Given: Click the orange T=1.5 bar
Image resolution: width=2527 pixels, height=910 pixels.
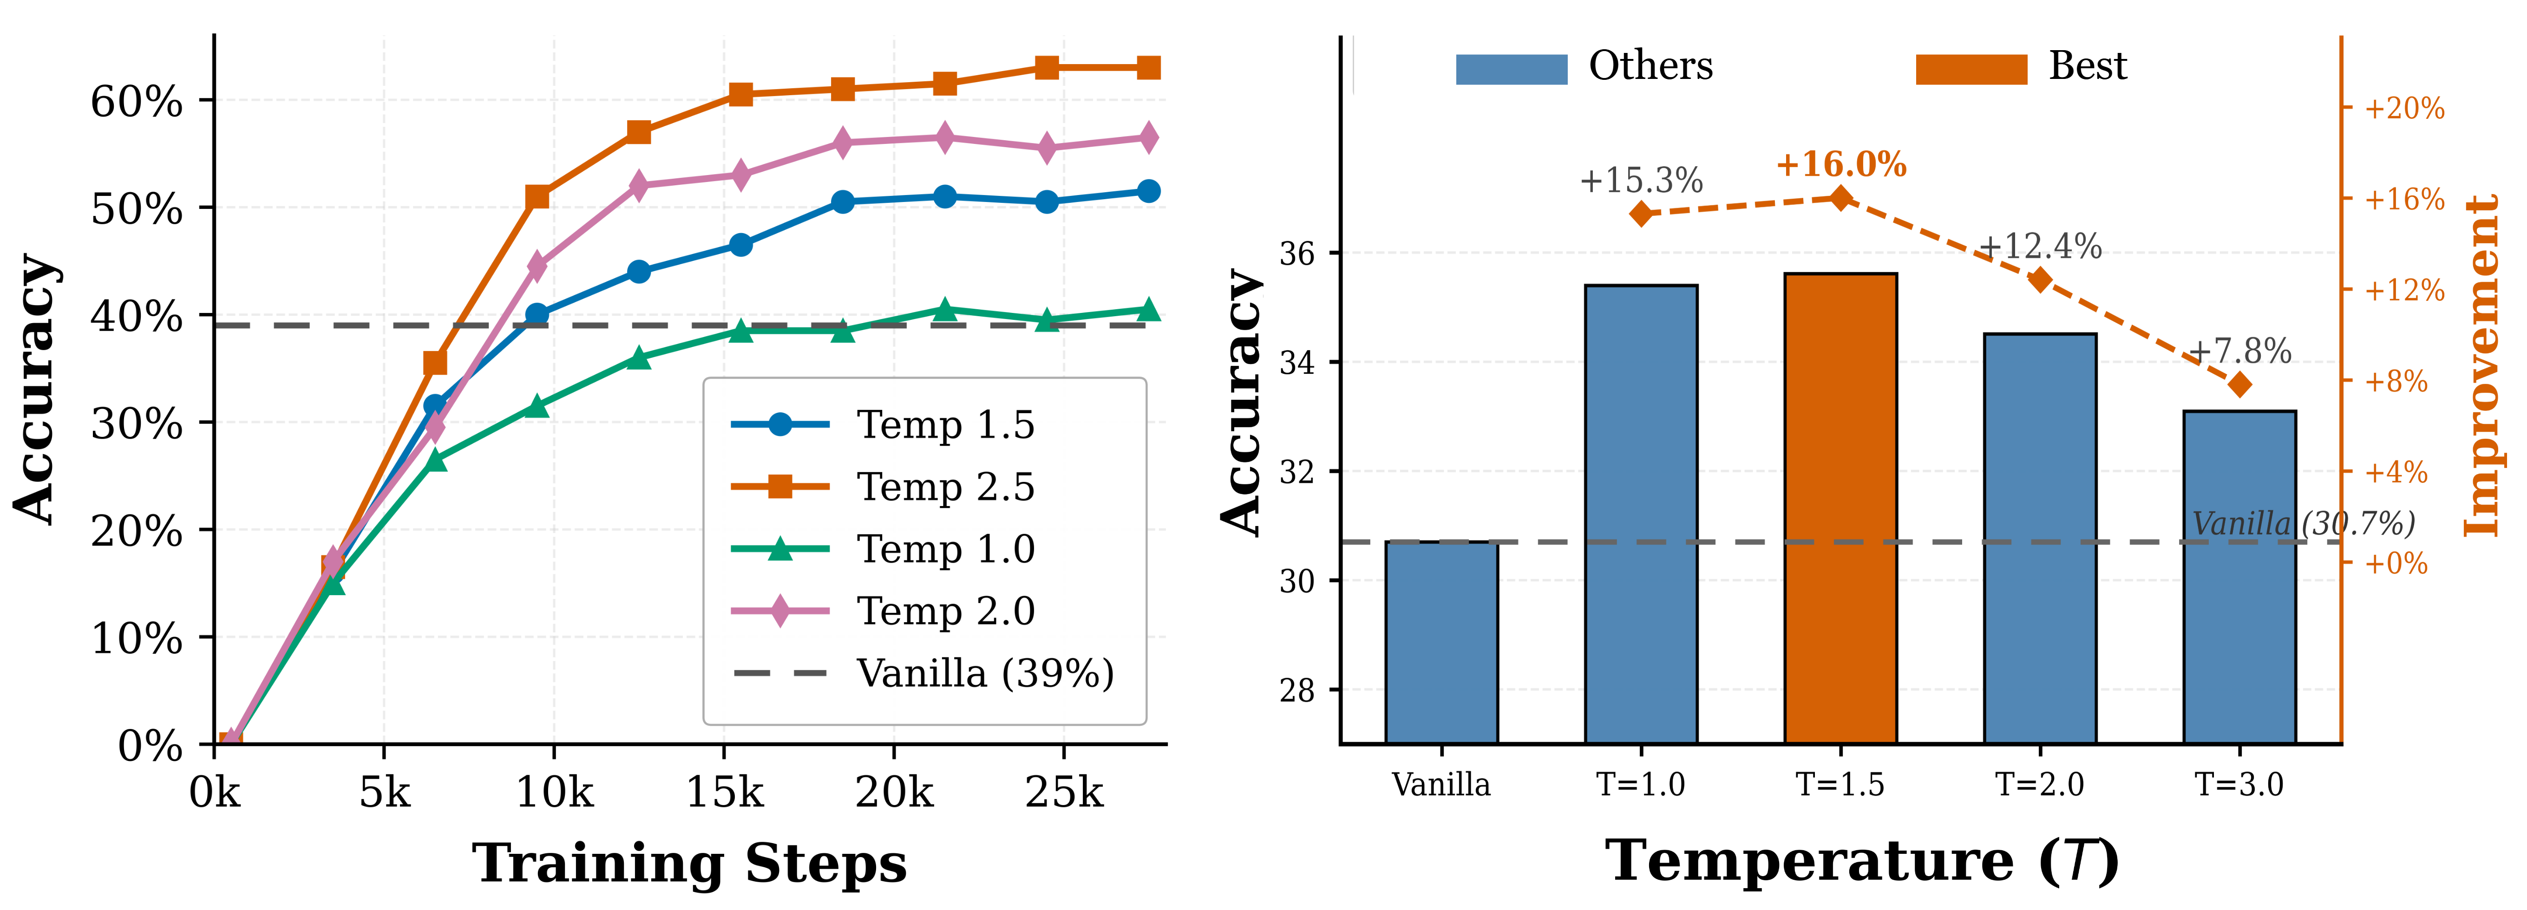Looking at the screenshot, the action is point(1840,508).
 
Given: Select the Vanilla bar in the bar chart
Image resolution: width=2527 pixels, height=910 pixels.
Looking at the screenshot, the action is point(1441,642).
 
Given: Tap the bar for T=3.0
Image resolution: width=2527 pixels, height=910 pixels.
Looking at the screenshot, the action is point(2239,577).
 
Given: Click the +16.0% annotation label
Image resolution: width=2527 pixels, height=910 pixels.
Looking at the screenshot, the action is point(1841,164).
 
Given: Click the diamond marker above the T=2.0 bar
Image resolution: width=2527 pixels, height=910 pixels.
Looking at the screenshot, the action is point(2041,279).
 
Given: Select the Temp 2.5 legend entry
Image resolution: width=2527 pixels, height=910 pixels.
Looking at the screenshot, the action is point(883,487).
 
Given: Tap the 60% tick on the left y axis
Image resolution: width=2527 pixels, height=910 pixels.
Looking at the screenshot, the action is point(137,101).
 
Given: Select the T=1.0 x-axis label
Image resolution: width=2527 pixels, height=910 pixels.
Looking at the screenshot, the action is point(1641,785).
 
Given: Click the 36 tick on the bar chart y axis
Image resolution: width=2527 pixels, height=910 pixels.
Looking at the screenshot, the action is point(1297,253).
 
